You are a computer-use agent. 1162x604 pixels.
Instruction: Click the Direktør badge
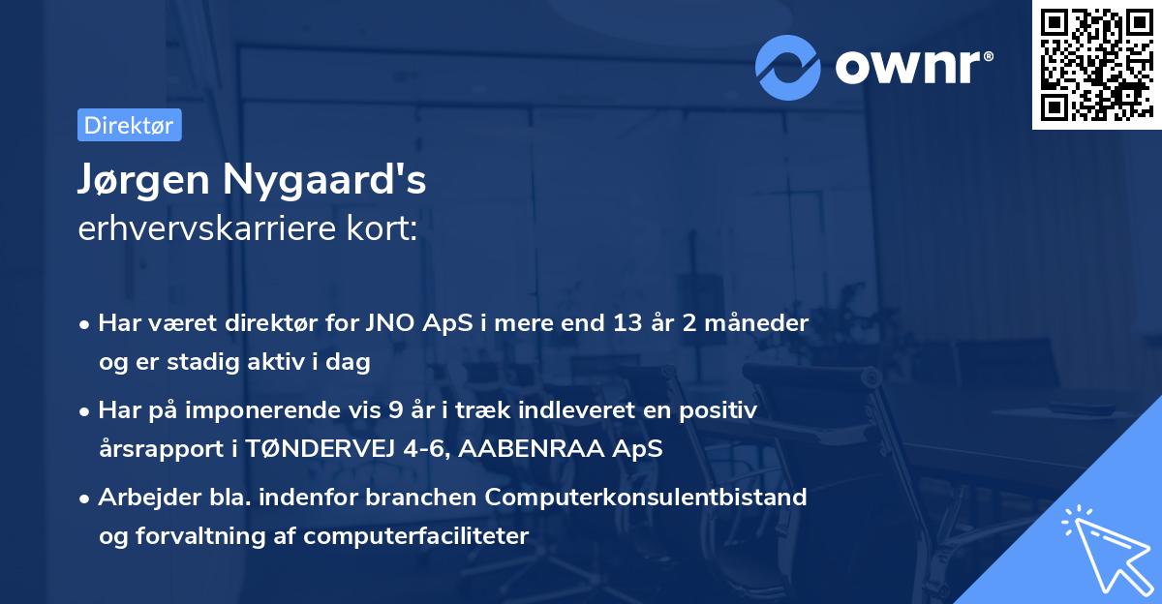(x=129, y=125)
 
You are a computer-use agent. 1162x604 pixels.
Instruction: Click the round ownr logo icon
(x=788, y=67)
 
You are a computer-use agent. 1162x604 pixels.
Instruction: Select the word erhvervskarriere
(x=206, y=229)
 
